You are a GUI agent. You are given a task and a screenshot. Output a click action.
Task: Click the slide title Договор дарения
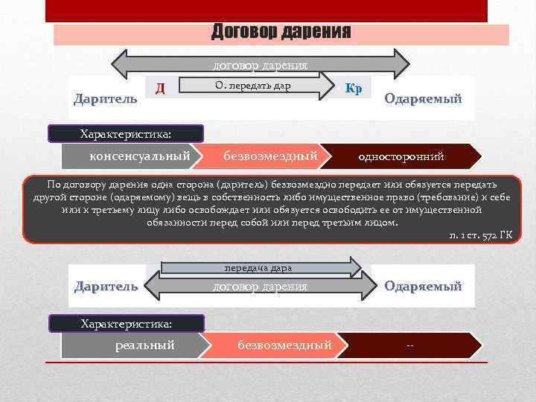[x=281, y=32]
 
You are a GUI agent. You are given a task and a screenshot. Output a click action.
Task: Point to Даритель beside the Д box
[x=105, y=99]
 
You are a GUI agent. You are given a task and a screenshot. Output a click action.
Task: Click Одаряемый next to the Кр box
[x=423, y=99]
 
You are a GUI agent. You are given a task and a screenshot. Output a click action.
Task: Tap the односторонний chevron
[x=402, y=156]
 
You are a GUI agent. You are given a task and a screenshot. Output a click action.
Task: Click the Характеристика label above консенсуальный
[x=126, y=134]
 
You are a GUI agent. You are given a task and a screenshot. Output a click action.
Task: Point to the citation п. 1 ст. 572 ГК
[x=482, y=235]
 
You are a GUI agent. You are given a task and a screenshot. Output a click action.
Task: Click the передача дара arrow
[x=261, y=267]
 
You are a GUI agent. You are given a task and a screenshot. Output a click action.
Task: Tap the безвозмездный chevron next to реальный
[x=284, y=345]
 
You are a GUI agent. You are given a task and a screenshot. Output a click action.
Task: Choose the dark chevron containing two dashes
[x=410, y=345]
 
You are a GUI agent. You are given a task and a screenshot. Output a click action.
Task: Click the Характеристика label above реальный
[x=126, y=324]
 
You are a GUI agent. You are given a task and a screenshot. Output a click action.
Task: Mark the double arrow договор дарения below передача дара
[x=260, y=286]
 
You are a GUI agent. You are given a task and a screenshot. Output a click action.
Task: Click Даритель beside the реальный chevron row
[x=106, y=286]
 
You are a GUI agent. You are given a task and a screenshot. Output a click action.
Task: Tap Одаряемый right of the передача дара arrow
[x=423, y=286]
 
